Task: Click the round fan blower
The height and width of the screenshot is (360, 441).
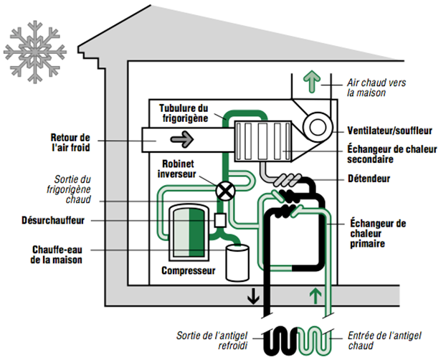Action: coord(316,127)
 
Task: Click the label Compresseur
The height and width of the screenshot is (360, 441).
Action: coord(188,272)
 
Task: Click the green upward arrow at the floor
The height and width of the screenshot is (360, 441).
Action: coord(312,295)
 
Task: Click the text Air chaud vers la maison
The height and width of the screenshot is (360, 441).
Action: coord(376,88)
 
